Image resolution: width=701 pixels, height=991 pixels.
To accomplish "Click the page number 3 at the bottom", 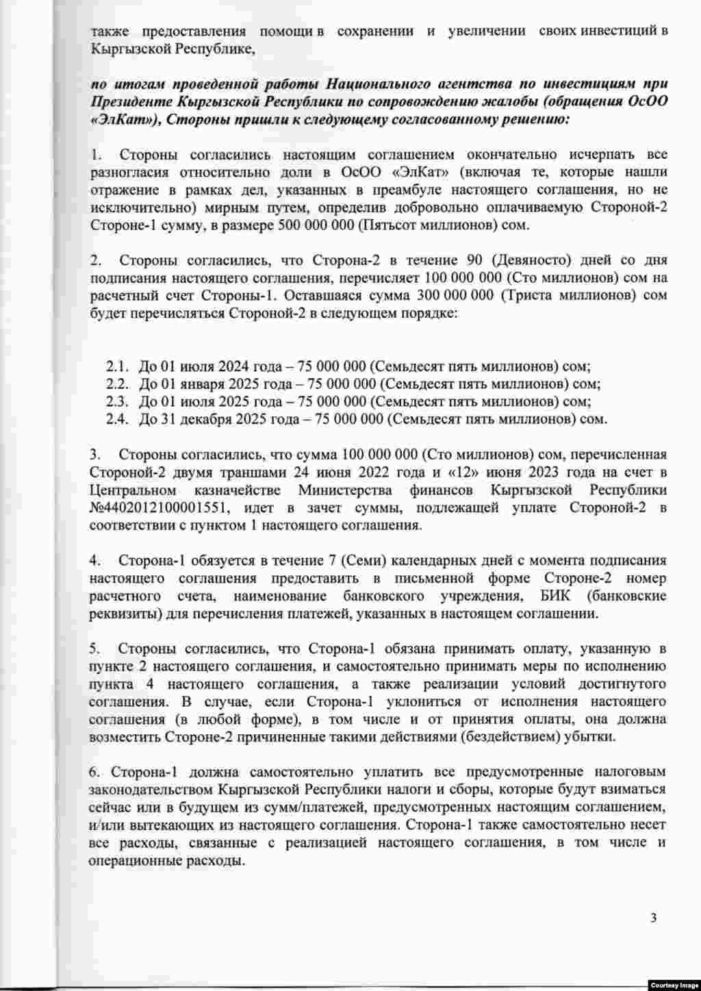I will click(x=653, y=918).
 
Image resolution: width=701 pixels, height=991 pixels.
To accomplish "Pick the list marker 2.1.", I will click(x=117, y=365).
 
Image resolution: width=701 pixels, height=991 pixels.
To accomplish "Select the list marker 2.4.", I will click(x=117, y=418).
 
